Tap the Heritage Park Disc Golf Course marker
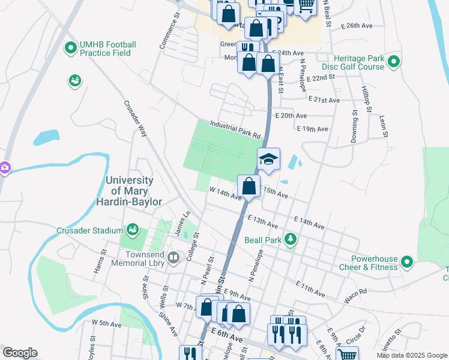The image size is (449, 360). (394, 61)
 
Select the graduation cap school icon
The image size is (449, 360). (269, 159)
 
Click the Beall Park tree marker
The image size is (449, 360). (291, 239)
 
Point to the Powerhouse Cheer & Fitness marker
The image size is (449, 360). (407, 262)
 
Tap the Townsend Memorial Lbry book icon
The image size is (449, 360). (173, 258)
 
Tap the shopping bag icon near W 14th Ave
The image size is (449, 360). (249, 185)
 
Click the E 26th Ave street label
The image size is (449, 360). (357, 26)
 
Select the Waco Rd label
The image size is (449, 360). (355, 292)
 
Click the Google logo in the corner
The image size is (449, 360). (20, 353)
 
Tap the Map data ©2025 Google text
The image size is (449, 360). (411, 355)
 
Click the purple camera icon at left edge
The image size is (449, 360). (4, 167)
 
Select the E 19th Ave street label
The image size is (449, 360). (313, 129)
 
